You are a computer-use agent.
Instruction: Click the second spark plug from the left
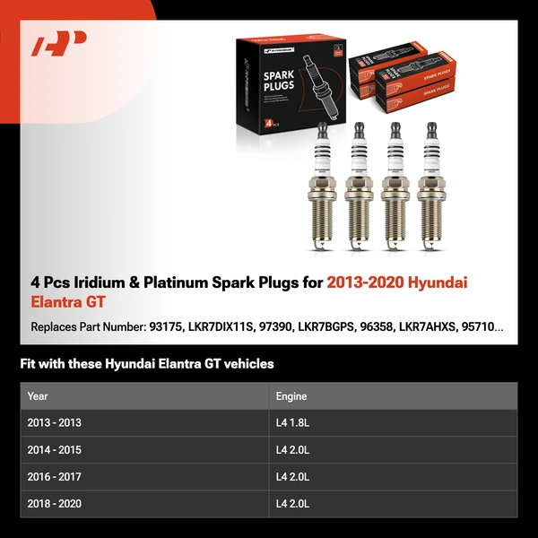coord(358,184)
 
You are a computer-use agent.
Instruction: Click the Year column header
coord(38,395)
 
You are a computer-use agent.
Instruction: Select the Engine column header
coord(291,395)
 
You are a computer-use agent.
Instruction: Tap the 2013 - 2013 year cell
coord(54,422)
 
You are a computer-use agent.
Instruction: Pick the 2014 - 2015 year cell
coord(54,450)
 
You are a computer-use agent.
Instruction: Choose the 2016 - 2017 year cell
coord(54,477)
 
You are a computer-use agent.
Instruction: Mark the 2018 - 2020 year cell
coord(54,504)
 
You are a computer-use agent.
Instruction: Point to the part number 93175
coord(166,327)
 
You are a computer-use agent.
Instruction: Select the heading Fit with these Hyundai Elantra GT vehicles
coord(147,364)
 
